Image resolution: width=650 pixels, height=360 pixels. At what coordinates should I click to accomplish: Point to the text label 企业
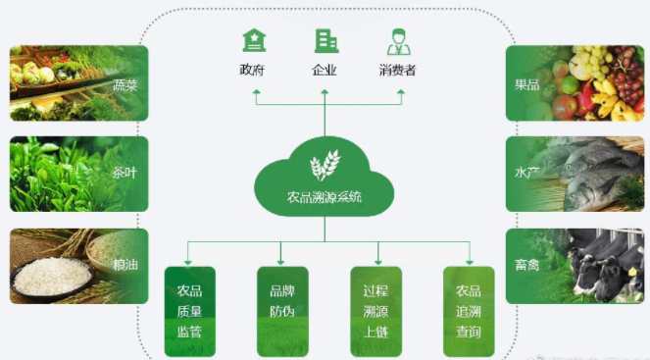click(x=325, y=70)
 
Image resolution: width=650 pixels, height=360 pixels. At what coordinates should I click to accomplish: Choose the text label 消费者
click(x=398, y=70)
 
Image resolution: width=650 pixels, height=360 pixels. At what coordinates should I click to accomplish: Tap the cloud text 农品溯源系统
click(x=325, y=197)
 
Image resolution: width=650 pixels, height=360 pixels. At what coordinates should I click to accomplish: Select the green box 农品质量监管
click(x=189, y=311)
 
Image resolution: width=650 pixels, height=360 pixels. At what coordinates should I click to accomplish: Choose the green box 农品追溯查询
click(x=468, y=311)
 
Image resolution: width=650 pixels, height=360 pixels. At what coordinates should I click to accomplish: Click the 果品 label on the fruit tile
click(x=527, y=84)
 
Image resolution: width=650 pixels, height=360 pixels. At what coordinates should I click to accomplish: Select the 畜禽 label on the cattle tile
click(x=527, y=264)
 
